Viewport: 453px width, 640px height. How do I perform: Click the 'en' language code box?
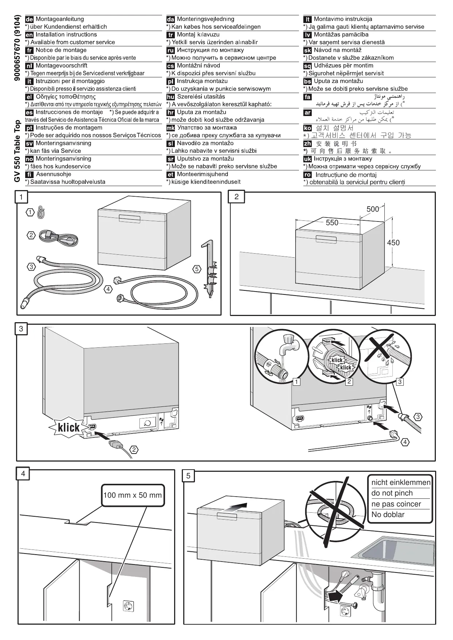tap(30, 35)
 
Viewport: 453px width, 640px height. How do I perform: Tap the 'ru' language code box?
tap(170, 51)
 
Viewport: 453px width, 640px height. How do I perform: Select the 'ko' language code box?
tap(308, 128)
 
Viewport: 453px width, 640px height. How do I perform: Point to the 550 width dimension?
tap(332, 223)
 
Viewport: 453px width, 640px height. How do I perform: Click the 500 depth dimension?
tap(373, 209)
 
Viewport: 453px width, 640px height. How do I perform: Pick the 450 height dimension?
tap(393, 243)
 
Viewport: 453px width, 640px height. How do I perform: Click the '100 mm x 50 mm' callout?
tap(133, 495)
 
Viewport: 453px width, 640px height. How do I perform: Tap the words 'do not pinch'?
tap(392, 493)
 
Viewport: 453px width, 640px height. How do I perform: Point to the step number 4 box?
tap(23, 474)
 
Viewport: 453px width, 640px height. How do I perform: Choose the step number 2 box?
tap(237, 197)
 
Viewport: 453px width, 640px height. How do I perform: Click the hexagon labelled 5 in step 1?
tap(197, 269)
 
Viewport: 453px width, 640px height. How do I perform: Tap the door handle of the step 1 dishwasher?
tap(129, 217)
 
